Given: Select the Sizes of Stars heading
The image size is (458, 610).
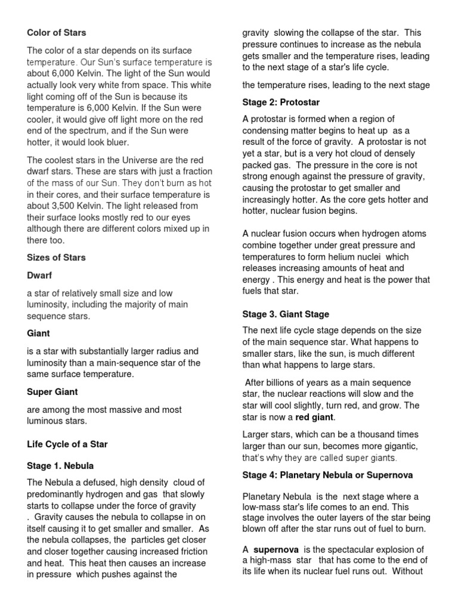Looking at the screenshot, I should click(56, 257).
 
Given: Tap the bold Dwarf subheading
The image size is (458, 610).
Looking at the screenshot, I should click(39, 276).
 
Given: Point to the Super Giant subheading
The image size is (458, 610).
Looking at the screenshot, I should click(52, 391).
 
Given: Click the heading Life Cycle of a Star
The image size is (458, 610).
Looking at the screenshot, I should click(67, 444).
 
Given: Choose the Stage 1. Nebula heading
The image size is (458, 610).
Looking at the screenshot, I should click(60, 465).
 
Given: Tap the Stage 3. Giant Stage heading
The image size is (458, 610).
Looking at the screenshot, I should click(286, 314).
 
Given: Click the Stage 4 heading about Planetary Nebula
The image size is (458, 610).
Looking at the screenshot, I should click(327, 475).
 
